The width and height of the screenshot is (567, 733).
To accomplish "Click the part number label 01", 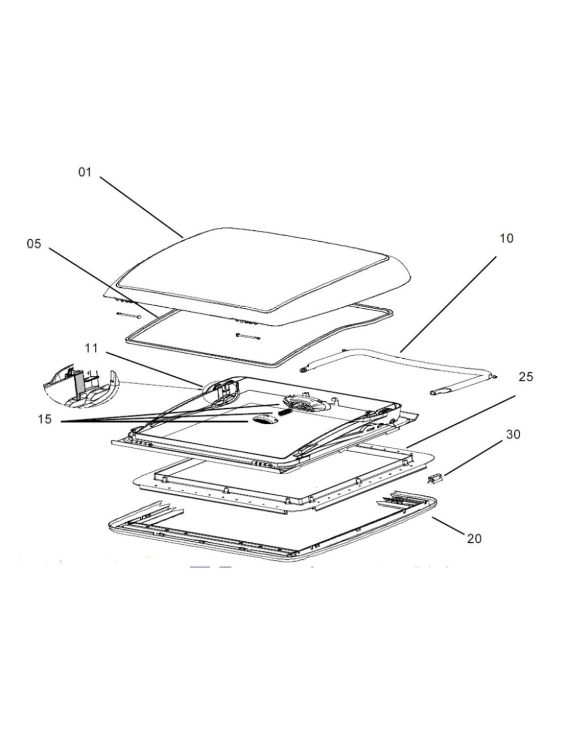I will click(x=85, y=172).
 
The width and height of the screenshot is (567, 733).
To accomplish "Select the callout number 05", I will click(x=34, y=243).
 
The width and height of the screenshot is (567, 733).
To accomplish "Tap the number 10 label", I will click(x=507, y=238).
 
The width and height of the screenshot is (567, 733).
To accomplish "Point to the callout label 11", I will click(x=91, y=348).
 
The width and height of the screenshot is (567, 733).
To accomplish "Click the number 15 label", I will click(x=45, y=419).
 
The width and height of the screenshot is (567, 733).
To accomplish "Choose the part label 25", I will click(x=526, y=377).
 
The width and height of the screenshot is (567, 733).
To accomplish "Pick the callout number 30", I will click(x=513, y=435).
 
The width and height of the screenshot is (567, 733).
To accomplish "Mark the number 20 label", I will click(x=474, y=538).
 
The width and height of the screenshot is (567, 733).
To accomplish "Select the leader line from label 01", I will click(x=142, y=207).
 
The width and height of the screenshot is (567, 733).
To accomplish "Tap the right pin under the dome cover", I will click(x=248, y=337).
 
